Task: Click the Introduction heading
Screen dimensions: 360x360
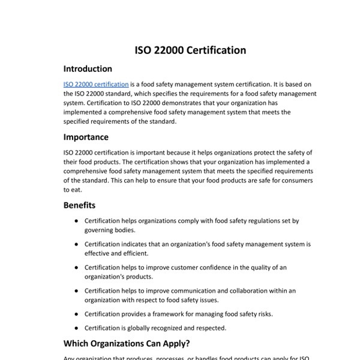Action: coord(88,69)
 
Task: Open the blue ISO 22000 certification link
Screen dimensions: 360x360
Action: coord(96,85)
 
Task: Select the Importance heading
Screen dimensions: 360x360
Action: coord(86,137)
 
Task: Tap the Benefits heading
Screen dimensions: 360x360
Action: coord(79,205)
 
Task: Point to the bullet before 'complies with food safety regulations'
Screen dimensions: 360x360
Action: coord(76,221)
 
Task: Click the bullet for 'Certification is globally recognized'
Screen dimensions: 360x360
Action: coord(76,328)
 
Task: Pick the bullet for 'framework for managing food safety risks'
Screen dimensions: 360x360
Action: coord(76,314)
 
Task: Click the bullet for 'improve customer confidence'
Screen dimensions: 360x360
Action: coord(76,267)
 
